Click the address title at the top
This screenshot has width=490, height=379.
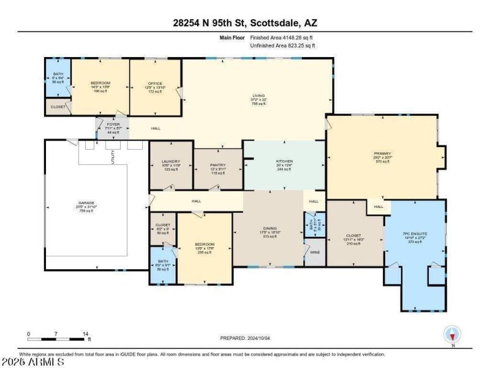[x=245, y=23]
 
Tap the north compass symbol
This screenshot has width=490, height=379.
[x=453, y=335]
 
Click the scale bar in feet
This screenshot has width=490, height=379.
[x=58, y=338]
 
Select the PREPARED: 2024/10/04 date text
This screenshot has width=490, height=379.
[x=245, y=338]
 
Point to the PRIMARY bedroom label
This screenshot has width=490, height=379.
[x=382, y=154]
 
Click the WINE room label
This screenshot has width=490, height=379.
[x=315, y=251]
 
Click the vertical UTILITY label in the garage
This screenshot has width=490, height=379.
[x=112, y=157]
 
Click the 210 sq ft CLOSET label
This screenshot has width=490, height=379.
[x=354, y=235]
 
